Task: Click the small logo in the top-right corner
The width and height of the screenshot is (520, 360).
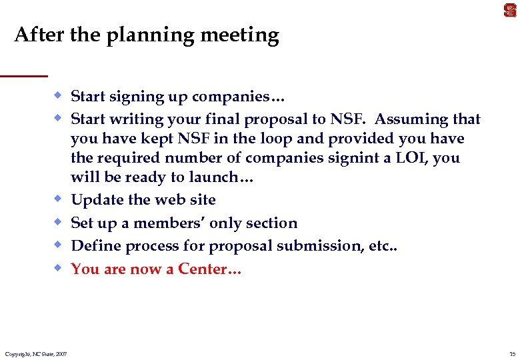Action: click(510, 9)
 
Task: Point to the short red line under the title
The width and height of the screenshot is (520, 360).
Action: click(24, 75)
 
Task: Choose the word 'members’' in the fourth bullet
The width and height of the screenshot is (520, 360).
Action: click(164, 223)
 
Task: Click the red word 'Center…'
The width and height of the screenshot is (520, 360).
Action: click(210, 269)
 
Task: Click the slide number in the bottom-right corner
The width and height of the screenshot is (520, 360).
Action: click(511, 353)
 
